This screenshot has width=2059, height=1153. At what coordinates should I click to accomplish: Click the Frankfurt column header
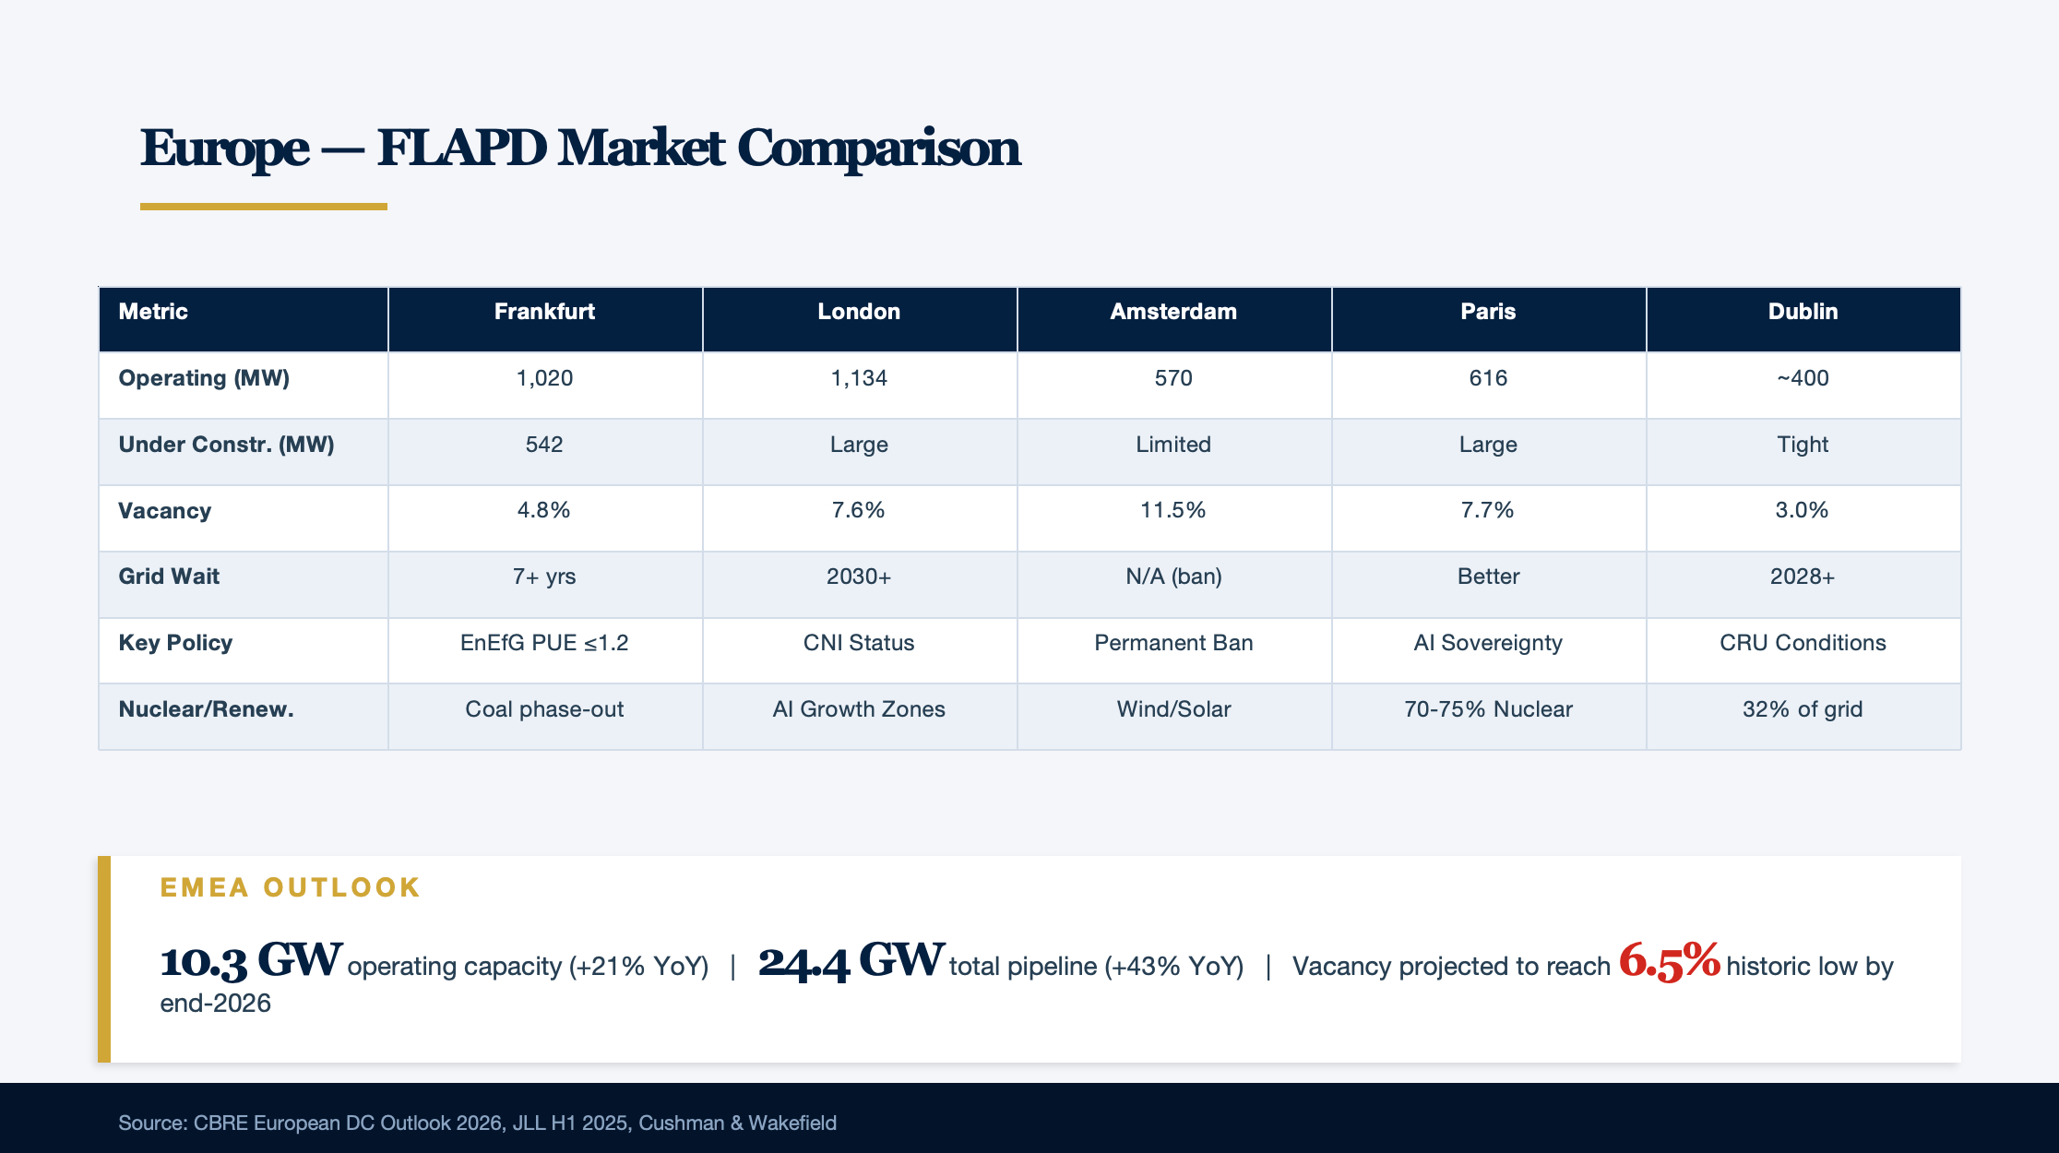pos(544,312)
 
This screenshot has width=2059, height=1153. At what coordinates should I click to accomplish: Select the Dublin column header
pos(1803,312)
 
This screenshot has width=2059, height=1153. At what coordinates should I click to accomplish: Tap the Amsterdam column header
pos(1173,312)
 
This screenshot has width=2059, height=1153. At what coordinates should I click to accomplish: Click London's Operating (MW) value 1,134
pos(859,378)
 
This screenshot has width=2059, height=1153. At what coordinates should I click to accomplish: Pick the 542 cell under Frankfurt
pos(544,445)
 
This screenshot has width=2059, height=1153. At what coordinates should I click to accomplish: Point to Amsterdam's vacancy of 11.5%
pos(1173,510)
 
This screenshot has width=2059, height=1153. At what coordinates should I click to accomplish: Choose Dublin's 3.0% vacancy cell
pos(1803,510)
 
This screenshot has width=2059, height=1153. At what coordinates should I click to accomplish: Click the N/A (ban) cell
pos(1173,576)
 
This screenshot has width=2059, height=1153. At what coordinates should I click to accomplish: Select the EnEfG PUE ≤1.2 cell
pos(544,643)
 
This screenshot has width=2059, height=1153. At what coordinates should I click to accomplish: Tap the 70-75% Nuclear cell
pos(1488,709)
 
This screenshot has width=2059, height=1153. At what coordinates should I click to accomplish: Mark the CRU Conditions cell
pos(1803,643)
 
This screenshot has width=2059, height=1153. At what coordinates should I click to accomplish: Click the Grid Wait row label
pos(169,576)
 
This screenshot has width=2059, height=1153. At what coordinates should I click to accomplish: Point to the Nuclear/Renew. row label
pos(206,709)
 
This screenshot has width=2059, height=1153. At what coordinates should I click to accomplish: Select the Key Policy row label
pos(175,643)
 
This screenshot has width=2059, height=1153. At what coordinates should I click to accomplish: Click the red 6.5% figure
pos(1670,961)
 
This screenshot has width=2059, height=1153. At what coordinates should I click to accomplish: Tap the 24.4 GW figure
pos(851,961)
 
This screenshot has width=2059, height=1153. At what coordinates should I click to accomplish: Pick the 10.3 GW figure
pos(252,961)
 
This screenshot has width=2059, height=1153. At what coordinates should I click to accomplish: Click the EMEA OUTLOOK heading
pos(291,887)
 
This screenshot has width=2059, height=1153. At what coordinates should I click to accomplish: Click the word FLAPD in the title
pos(461,148)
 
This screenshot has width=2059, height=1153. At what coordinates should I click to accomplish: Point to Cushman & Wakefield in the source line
pos(737,1123)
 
